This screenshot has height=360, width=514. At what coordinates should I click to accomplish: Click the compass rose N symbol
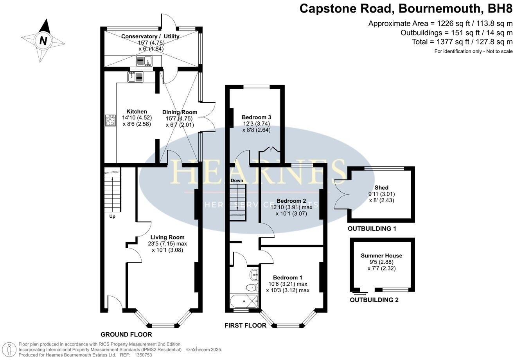click(43, 40)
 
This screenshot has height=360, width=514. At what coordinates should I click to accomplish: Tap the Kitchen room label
click(137, 112)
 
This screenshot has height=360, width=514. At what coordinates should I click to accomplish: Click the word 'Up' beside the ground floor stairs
click(112, 216)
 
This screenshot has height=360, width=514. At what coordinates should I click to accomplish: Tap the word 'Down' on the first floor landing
click(237, 180)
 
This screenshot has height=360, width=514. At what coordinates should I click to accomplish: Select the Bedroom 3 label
click(256, 117)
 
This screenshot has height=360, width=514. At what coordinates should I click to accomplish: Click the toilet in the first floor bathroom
click(252, 288)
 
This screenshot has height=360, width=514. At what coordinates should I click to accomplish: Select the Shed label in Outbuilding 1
click(381, 188)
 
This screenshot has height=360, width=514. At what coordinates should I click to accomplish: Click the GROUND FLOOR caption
click(126, 335)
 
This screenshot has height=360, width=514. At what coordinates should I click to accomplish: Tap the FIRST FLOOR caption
click(246, 326)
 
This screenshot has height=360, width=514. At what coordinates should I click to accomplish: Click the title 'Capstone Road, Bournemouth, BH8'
click(406, 8)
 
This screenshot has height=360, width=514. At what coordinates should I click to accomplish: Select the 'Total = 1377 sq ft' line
click(462, 42)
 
